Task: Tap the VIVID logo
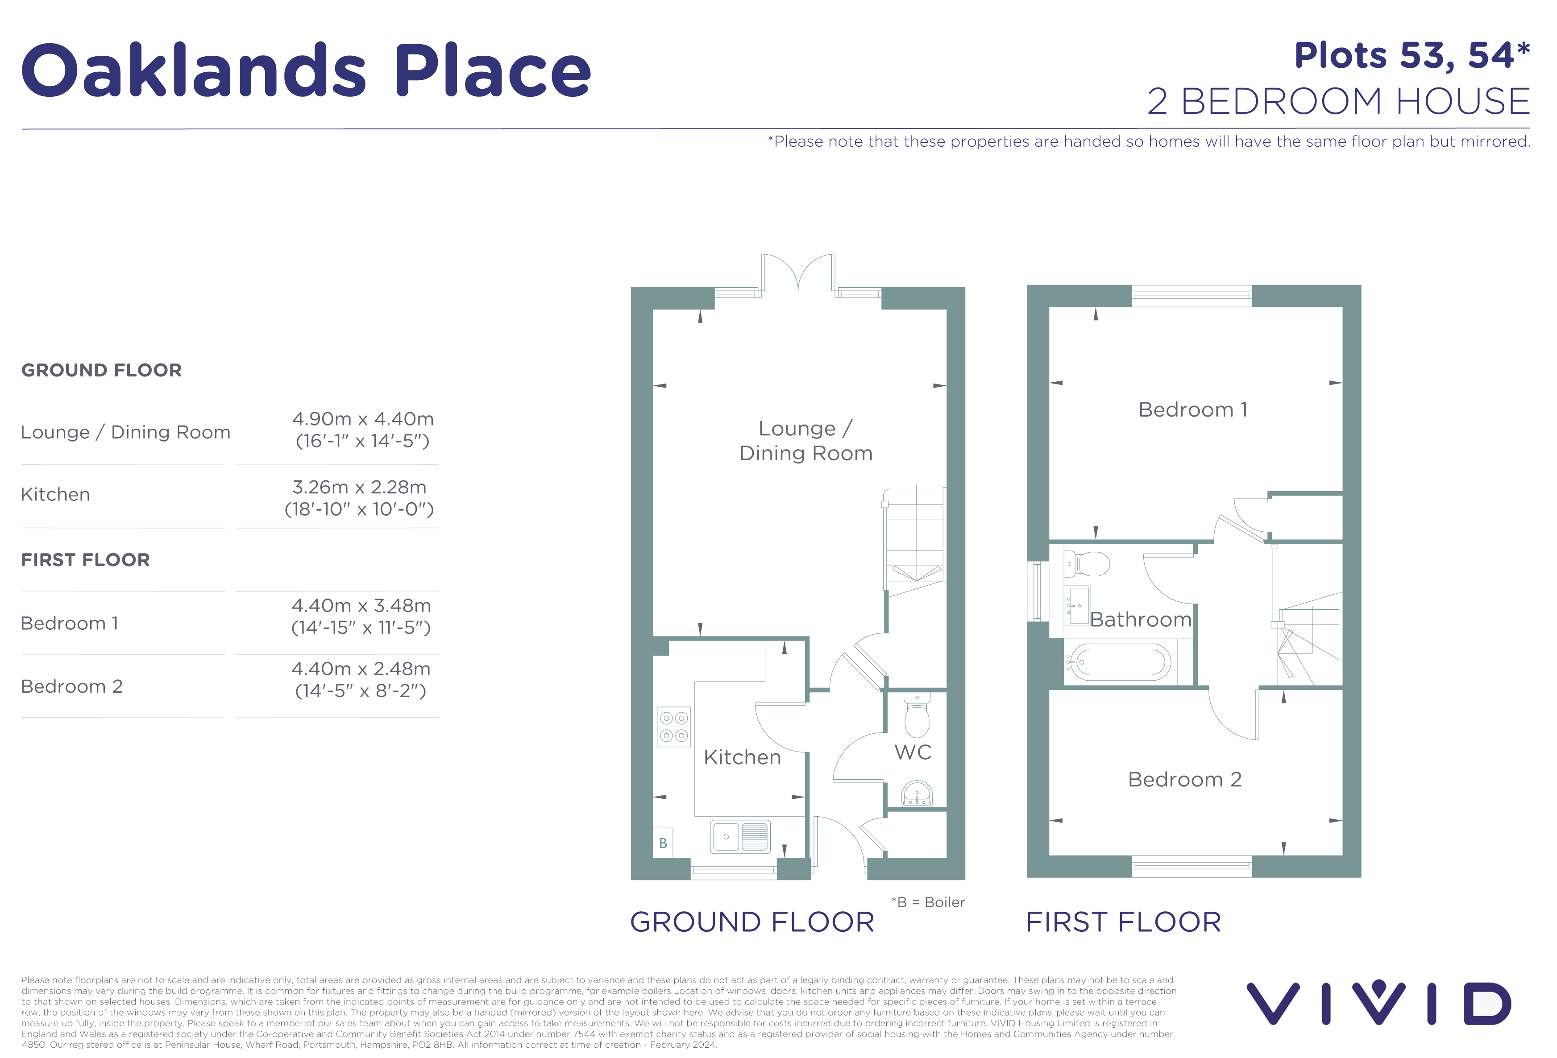click(x=1379, y=1003)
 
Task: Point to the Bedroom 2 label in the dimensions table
click(x=72, y=686)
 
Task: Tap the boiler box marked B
click(x=663, y=843)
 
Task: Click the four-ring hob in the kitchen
click(x=673, y=727)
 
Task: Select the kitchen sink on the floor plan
click(x=740, y=836)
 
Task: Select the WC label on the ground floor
click(x=913, y=752)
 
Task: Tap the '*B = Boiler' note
click(x=928, y=902)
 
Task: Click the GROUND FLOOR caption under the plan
click(x=752, y=922)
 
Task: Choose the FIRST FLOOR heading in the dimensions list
click(x=85, y=560)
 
